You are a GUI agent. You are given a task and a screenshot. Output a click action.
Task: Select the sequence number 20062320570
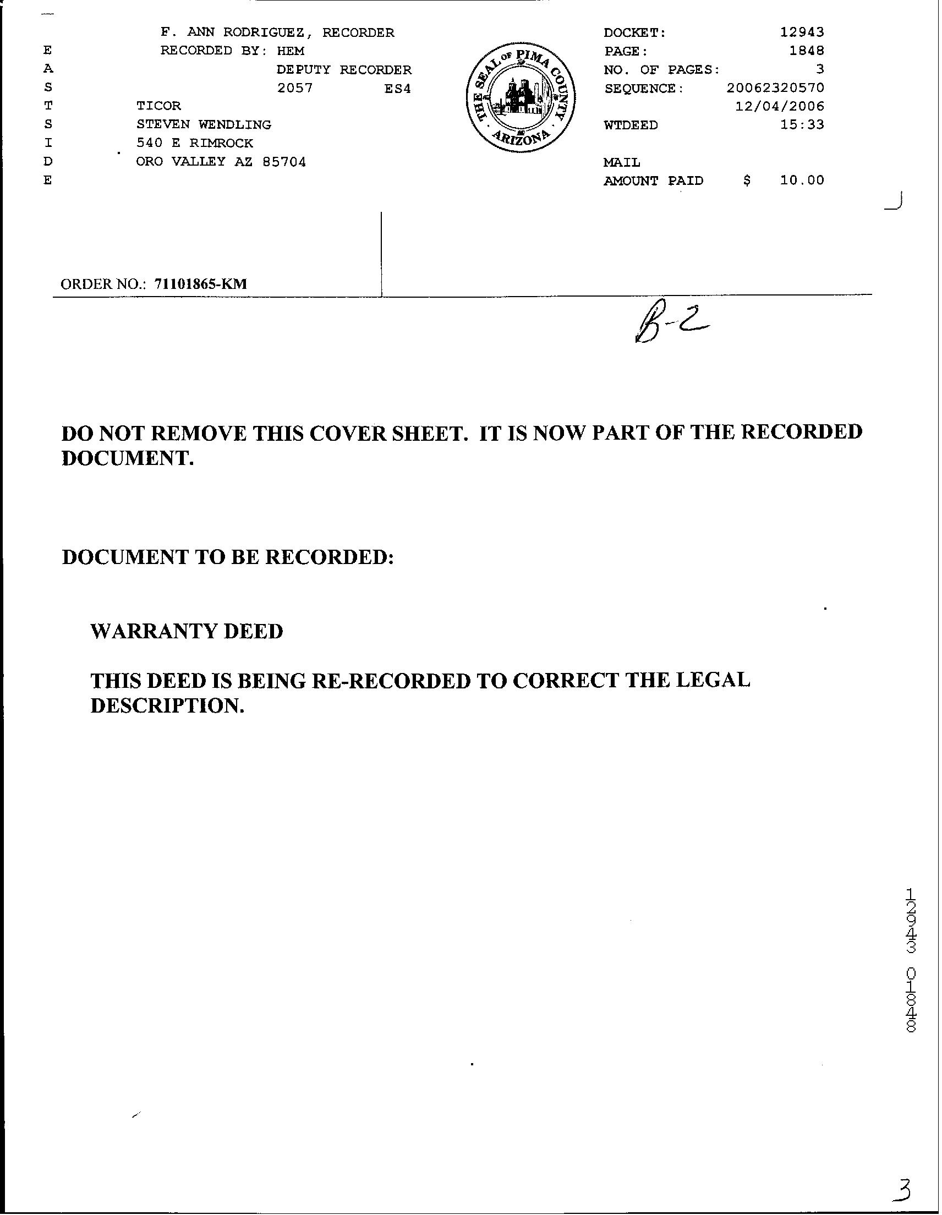pyautogui.click(x=775, y=88)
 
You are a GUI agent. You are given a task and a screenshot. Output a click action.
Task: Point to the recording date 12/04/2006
pyautogui.click(x=780, y=106)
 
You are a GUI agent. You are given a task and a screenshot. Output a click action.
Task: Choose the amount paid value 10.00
pyautogui.click(x=802, y=180)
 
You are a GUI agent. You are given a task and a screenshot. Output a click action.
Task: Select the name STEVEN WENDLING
pyautogui.click(x=204, y=124)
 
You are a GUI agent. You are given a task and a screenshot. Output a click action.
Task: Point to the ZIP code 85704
pyautogui.click(x=284, y=162)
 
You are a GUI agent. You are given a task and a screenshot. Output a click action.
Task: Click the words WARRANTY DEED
pyautogui.click(x=187, y=631)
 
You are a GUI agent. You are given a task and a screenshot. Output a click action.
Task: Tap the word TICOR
pyautogui.click(x=158, y=106)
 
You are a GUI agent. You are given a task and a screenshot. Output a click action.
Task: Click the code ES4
pyautogui.click(x=397, y=89)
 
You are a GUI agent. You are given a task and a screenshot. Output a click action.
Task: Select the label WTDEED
pyautogui.click(x=631, y=125)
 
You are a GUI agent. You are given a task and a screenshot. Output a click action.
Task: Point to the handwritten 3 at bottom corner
pyautogui.click(x=903, y=1190)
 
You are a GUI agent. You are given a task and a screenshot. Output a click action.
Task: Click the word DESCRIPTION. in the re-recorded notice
pyautogui.click(x=167, y=706)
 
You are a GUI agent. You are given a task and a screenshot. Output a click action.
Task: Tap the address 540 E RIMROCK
pyautogui.click(x=195, y=143)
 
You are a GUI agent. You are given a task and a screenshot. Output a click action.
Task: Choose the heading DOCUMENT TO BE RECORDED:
pyautogui.click(x=228, y=557)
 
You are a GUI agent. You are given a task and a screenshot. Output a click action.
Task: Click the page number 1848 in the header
pyautogui.click(x=806, y=51)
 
